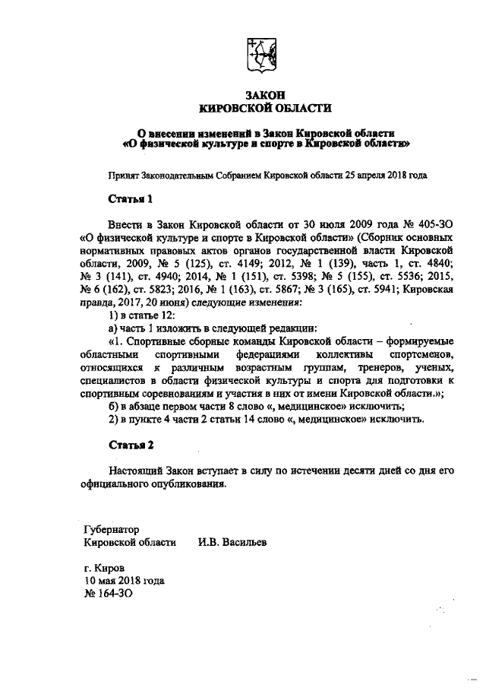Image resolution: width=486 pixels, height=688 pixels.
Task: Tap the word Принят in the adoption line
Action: pyautogui.click(x=125, y=174)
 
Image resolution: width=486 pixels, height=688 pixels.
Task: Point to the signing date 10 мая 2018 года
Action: pyautogui.click(x=124, y=580)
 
